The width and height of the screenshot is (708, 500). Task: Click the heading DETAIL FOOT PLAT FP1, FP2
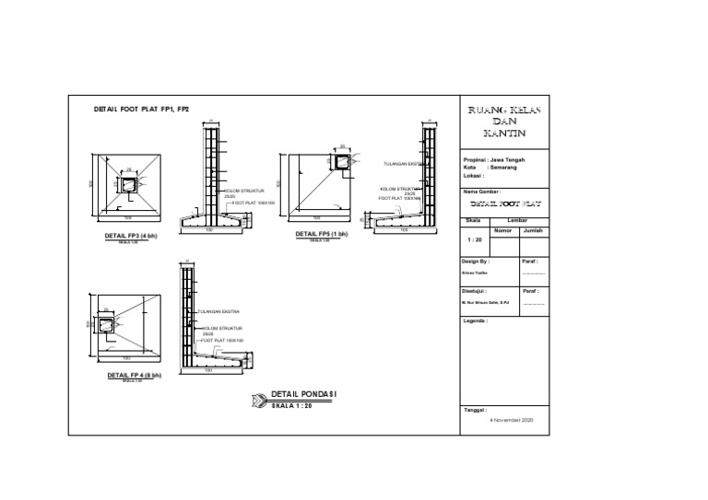click(x=141, y=110)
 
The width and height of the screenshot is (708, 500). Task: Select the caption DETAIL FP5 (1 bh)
click(x=321, y=234)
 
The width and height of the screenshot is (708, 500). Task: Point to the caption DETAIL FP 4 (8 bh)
click(x=134, y=376)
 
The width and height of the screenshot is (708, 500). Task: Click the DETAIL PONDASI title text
click(x=304, y=394)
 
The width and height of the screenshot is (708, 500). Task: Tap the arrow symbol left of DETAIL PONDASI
click(x=257, y=400)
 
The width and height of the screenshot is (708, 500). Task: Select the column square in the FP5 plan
click(x=343, y=163)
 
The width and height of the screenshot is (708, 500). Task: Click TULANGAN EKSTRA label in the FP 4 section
click(x=217, y=313)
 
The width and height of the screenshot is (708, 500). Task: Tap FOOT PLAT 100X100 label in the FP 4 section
click(x=221, y=340)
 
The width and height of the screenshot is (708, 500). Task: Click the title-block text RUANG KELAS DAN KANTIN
click(x=503, y=122)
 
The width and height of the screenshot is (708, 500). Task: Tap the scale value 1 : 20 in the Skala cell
click(x=476, y=239)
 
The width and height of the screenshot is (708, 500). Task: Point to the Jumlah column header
click(x=533, y=230)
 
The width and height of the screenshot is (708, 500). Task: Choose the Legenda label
click(x=476, y=321)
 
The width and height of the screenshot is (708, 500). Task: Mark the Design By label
click(x=476, y=262)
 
